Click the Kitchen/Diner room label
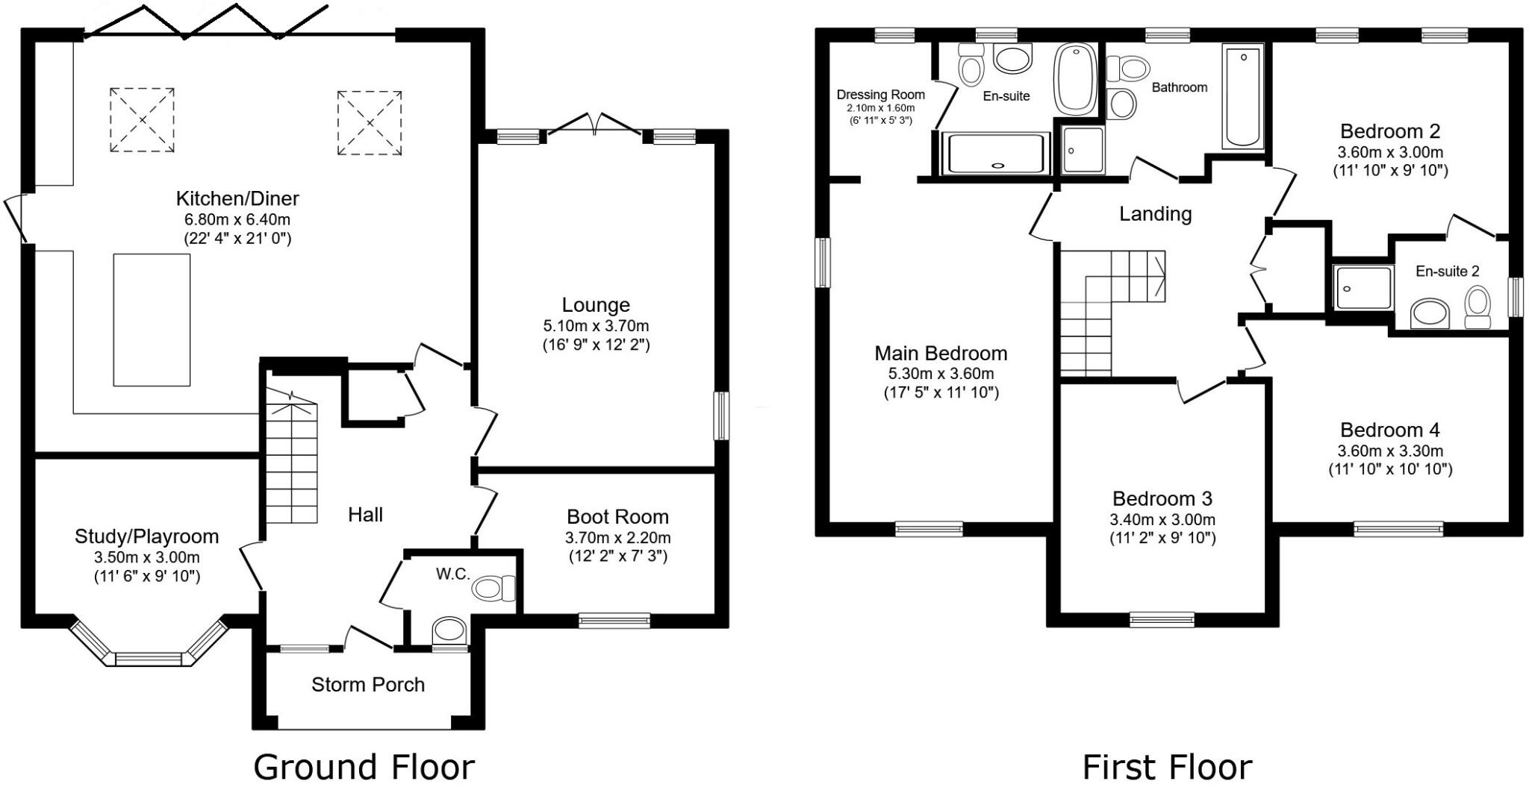coord(237,198)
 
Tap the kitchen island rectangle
coord(152,320)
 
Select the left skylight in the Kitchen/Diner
coord(142,120)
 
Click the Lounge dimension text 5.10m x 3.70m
coord(596,326)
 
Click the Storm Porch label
coord(367,685)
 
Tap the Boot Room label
coord(617,517)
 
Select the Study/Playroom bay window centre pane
coord(149,659)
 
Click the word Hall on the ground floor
coord(365,515)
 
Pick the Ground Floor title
coord(364,767)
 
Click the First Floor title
coord(1167,767)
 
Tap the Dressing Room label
coord(880,95)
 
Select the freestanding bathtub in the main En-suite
coord(1075,79)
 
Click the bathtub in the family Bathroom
coord(1243,96)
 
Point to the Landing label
coord(1155,214)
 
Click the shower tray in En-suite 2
coord(1363,287)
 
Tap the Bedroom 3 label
coord(1162,498)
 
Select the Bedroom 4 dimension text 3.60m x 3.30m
coord(1389,451)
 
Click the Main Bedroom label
coord(941,353)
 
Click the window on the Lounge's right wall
coord(721,416)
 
